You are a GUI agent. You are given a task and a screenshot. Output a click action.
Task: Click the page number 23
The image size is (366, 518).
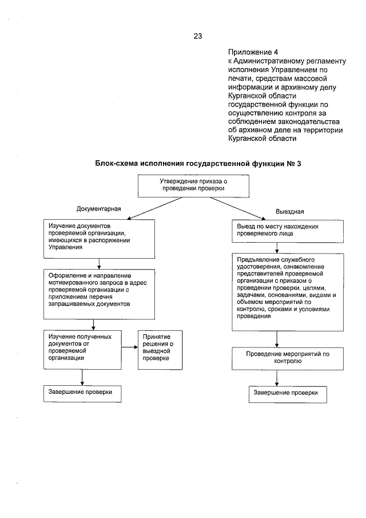coord(198,36)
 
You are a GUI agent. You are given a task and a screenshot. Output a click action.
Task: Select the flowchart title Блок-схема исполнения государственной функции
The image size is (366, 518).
coord(197,164)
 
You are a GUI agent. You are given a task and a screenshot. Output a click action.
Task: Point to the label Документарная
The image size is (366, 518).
coord(99,209)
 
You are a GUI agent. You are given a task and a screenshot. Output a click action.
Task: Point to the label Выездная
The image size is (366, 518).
coord(290,211)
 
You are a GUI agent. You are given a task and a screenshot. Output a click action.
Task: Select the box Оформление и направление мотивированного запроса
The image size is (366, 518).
coord(100,295)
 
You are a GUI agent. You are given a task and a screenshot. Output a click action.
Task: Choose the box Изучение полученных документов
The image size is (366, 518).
coord(83,346)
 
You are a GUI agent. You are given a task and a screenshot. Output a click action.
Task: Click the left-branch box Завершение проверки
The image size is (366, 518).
coord(83,393)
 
